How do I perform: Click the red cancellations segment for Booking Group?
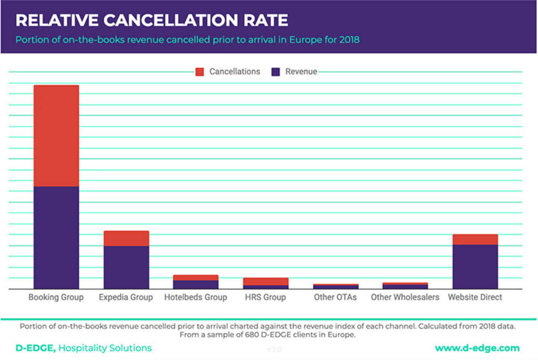pyautogui.click(x=56, y=136)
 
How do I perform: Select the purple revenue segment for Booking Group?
pyautogui.click(x=56, y=238)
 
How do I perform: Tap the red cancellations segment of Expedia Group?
pyautogui.click(x=126, y=238)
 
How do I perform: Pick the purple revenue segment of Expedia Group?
pyautogui.click(x=126, y=267)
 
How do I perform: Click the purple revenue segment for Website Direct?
pyautogui.click(x=475, y=266)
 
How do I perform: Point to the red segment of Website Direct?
pyautogui.click(x=475, y=240)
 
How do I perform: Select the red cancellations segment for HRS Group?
pyautogui.click(x=266, y=282)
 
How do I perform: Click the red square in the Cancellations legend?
pyautogui.click(x=200, y=72)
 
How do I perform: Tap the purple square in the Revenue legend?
pyautogui.click(x=276, y=72)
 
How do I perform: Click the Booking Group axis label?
pyautogui.click(x=56, y=297)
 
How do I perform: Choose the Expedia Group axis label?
pyautogui.click(x=126, y=297)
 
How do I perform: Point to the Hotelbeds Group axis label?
pyautogui.click(x=195, y=297)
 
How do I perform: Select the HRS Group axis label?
pyautogui.click(x=266, y=297)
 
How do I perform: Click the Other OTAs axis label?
pyautogui.click(x=335, y=297)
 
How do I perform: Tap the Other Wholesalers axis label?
pyautogui.click(x=405, y=297)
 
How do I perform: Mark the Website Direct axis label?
pyautogui.click(x=475, y=297)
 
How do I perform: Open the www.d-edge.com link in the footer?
pyautogui.click(x=477, y=348)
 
